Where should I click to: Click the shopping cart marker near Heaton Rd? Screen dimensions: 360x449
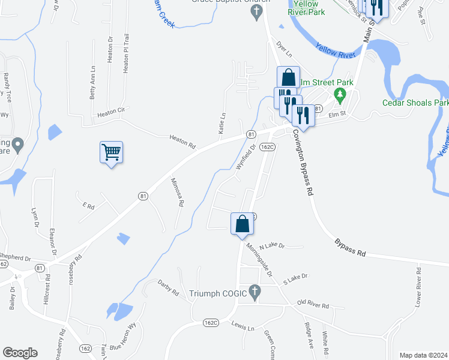pos(112,152)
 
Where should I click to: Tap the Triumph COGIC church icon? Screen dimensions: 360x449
pos(255,293)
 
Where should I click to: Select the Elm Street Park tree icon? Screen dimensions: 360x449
pos(340,94)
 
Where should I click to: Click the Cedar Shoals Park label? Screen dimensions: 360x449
pos(415,102)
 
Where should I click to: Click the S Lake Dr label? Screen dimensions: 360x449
pos(295,277)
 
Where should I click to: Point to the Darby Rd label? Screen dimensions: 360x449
pos(168,288)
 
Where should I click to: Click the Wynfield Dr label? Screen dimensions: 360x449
pos(246,158)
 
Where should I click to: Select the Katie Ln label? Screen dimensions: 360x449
pos(222,123)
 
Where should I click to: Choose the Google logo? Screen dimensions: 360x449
pos(20,353)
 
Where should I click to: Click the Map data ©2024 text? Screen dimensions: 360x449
pos(423,355)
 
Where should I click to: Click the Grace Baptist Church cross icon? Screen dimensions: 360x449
pos(256,11)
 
